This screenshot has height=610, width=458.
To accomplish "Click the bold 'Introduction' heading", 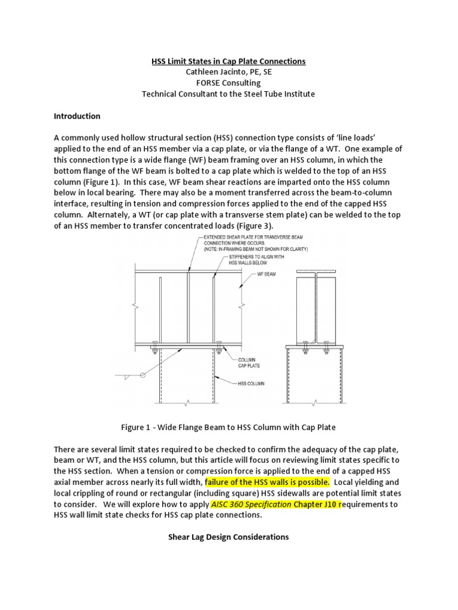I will coord(77,116).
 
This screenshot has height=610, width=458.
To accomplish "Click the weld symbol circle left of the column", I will coord(143,375).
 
